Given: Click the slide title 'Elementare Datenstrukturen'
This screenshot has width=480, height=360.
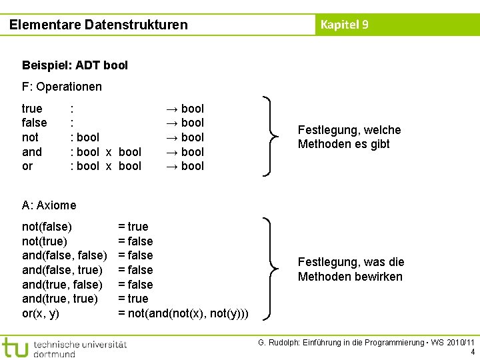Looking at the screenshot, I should point(99,25).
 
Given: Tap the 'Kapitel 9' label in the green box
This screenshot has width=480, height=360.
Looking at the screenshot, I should point(344,25).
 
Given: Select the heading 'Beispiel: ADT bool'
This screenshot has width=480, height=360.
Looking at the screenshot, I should point(75,65).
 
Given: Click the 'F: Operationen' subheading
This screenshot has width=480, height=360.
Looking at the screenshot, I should point(62,87).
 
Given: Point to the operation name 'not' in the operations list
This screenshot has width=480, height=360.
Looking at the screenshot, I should point(31,137).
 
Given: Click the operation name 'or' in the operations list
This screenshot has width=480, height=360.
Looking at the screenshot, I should point(27,166).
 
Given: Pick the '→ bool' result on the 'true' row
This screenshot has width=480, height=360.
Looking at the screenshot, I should point(184,109).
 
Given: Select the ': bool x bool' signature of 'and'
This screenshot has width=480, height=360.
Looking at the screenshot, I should point(106,152).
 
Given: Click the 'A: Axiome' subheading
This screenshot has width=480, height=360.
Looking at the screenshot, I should point(49,205).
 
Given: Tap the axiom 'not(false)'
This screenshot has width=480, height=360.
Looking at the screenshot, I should point(47,227).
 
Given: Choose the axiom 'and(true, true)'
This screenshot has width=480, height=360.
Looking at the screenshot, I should point(60,299).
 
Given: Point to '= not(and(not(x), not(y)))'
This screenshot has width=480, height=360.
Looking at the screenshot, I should point(183,313).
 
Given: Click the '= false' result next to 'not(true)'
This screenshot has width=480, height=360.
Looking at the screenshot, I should point(135,241).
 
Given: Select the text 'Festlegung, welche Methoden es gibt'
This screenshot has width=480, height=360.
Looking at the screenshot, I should point(349,137).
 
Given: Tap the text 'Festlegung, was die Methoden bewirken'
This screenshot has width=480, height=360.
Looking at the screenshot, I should point(351,269).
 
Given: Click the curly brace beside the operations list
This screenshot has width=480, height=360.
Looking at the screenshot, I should point(270,137).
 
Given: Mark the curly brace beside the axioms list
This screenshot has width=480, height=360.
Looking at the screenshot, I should point(270,269).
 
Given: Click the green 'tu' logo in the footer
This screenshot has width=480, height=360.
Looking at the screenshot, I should point(15,348).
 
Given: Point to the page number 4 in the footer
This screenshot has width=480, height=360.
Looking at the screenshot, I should point(472,352).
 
